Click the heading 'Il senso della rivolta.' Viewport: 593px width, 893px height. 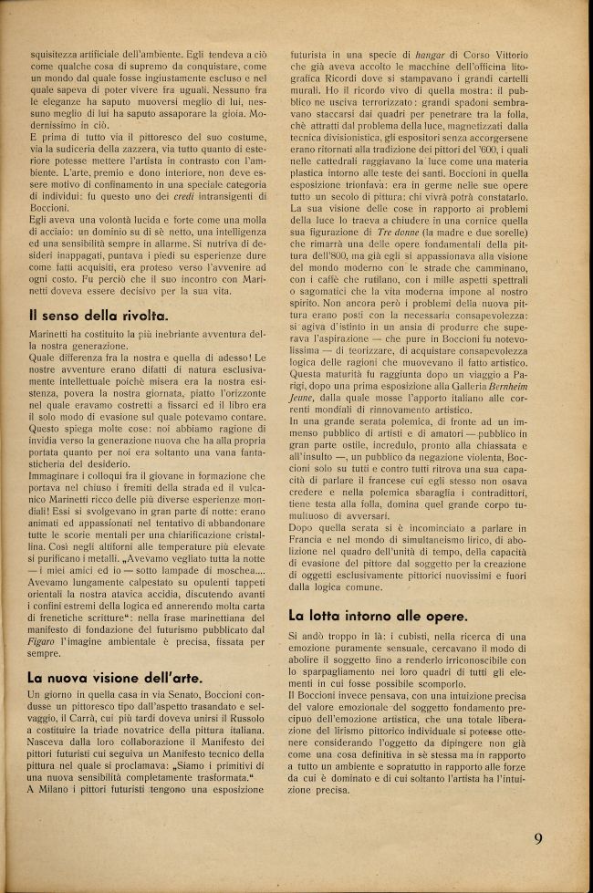pyautogui.click(x=98, y=316)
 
